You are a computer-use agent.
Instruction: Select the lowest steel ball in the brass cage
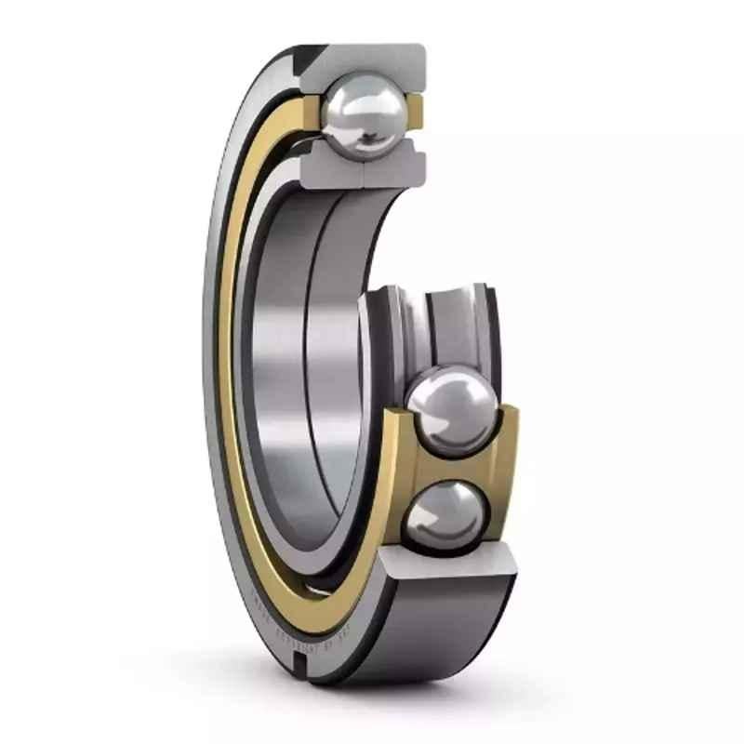[x=445, y=510]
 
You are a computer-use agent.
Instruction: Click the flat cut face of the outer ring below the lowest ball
[x=446, y=560]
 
